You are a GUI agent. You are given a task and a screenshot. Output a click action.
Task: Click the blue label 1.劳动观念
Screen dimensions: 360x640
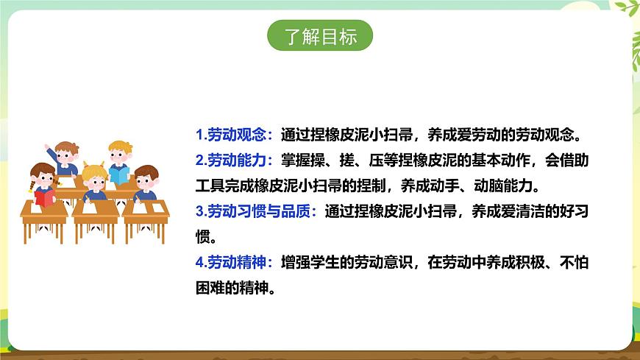coord(235,135)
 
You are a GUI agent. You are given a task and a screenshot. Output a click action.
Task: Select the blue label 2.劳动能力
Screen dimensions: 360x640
coord(235,160)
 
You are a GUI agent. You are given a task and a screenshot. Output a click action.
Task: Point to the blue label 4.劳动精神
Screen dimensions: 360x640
coord(235,262)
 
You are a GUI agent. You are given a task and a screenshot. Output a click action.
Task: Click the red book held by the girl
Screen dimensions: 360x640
coord(45,197)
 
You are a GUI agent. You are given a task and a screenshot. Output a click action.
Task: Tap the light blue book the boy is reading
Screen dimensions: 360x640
coord(118,175)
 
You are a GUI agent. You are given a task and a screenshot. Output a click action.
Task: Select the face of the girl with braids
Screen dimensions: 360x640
coord(43,177)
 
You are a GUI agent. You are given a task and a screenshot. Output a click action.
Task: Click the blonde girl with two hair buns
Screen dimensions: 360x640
coord(93,179)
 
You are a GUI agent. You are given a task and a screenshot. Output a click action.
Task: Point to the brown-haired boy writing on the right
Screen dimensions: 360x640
coord(146,183)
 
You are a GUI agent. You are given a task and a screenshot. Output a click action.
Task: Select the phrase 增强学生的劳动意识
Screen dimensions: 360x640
coord(344,262)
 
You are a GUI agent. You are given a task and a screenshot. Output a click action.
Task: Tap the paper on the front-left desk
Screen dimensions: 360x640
coord(41,208)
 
